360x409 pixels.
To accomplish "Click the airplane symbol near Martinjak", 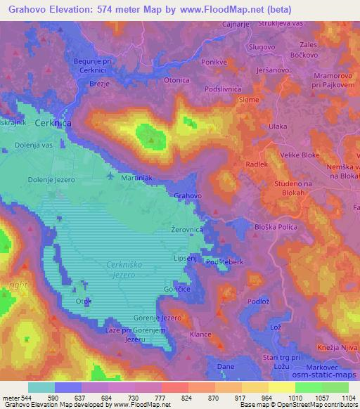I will tap(111, 176).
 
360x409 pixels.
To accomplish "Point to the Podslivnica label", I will tap(222, 89).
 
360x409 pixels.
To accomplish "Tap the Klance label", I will tap(201, 335).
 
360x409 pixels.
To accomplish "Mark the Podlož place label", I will tap(258, 301).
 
